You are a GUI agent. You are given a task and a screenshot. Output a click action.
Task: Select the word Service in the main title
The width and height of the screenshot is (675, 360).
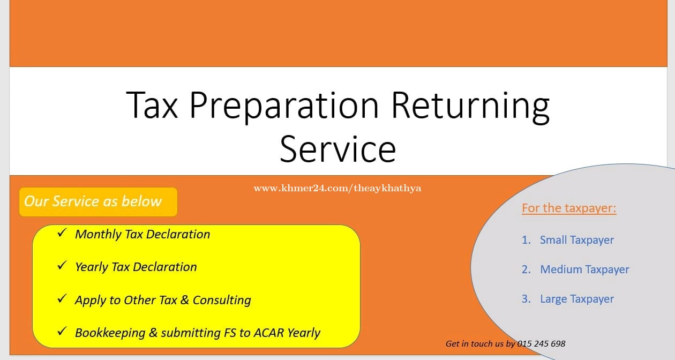pos(337,149)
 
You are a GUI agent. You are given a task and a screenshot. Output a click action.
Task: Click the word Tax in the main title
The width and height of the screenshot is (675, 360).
pos(152,105)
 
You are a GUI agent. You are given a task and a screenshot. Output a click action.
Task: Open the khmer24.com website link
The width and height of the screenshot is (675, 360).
pos(337,188)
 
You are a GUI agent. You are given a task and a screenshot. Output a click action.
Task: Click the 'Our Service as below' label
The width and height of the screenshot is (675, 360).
pos(93,201)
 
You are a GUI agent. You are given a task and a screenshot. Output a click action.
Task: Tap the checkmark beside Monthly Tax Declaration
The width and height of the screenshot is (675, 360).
pos(62,232)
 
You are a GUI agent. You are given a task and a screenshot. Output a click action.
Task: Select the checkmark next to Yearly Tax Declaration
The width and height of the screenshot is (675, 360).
pos(62,265)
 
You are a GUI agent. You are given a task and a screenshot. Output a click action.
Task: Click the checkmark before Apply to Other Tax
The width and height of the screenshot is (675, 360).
pos(62,298)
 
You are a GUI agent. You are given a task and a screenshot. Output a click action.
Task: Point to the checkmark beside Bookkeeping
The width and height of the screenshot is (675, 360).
pos(62,331)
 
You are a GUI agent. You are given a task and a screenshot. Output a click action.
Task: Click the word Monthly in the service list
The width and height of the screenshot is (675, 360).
pos(98,235)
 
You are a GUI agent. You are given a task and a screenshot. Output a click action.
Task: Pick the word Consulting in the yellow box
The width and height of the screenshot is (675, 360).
pos(222,301)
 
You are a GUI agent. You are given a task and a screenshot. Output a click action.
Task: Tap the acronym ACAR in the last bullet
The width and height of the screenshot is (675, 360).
pos(269,333)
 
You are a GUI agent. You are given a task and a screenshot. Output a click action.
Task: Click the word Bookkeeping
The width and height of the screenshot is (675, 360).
pos(110,333)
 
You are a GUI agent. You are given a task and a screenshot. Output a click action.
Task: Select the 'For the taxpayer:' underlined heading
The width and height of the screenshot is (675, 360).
pos(569,208)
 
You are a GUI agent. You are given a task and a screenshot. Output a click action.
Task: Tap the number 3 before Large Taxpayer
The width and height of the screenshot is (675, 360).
pos(526,299)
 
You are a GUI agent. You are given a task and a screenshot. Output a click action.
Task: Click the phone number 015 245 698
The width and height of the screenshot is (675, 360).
pos(541,344)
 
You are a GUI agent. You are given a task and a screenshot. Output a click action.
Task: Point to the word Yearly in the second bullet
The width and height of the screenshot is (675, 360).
pos(92,267)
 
